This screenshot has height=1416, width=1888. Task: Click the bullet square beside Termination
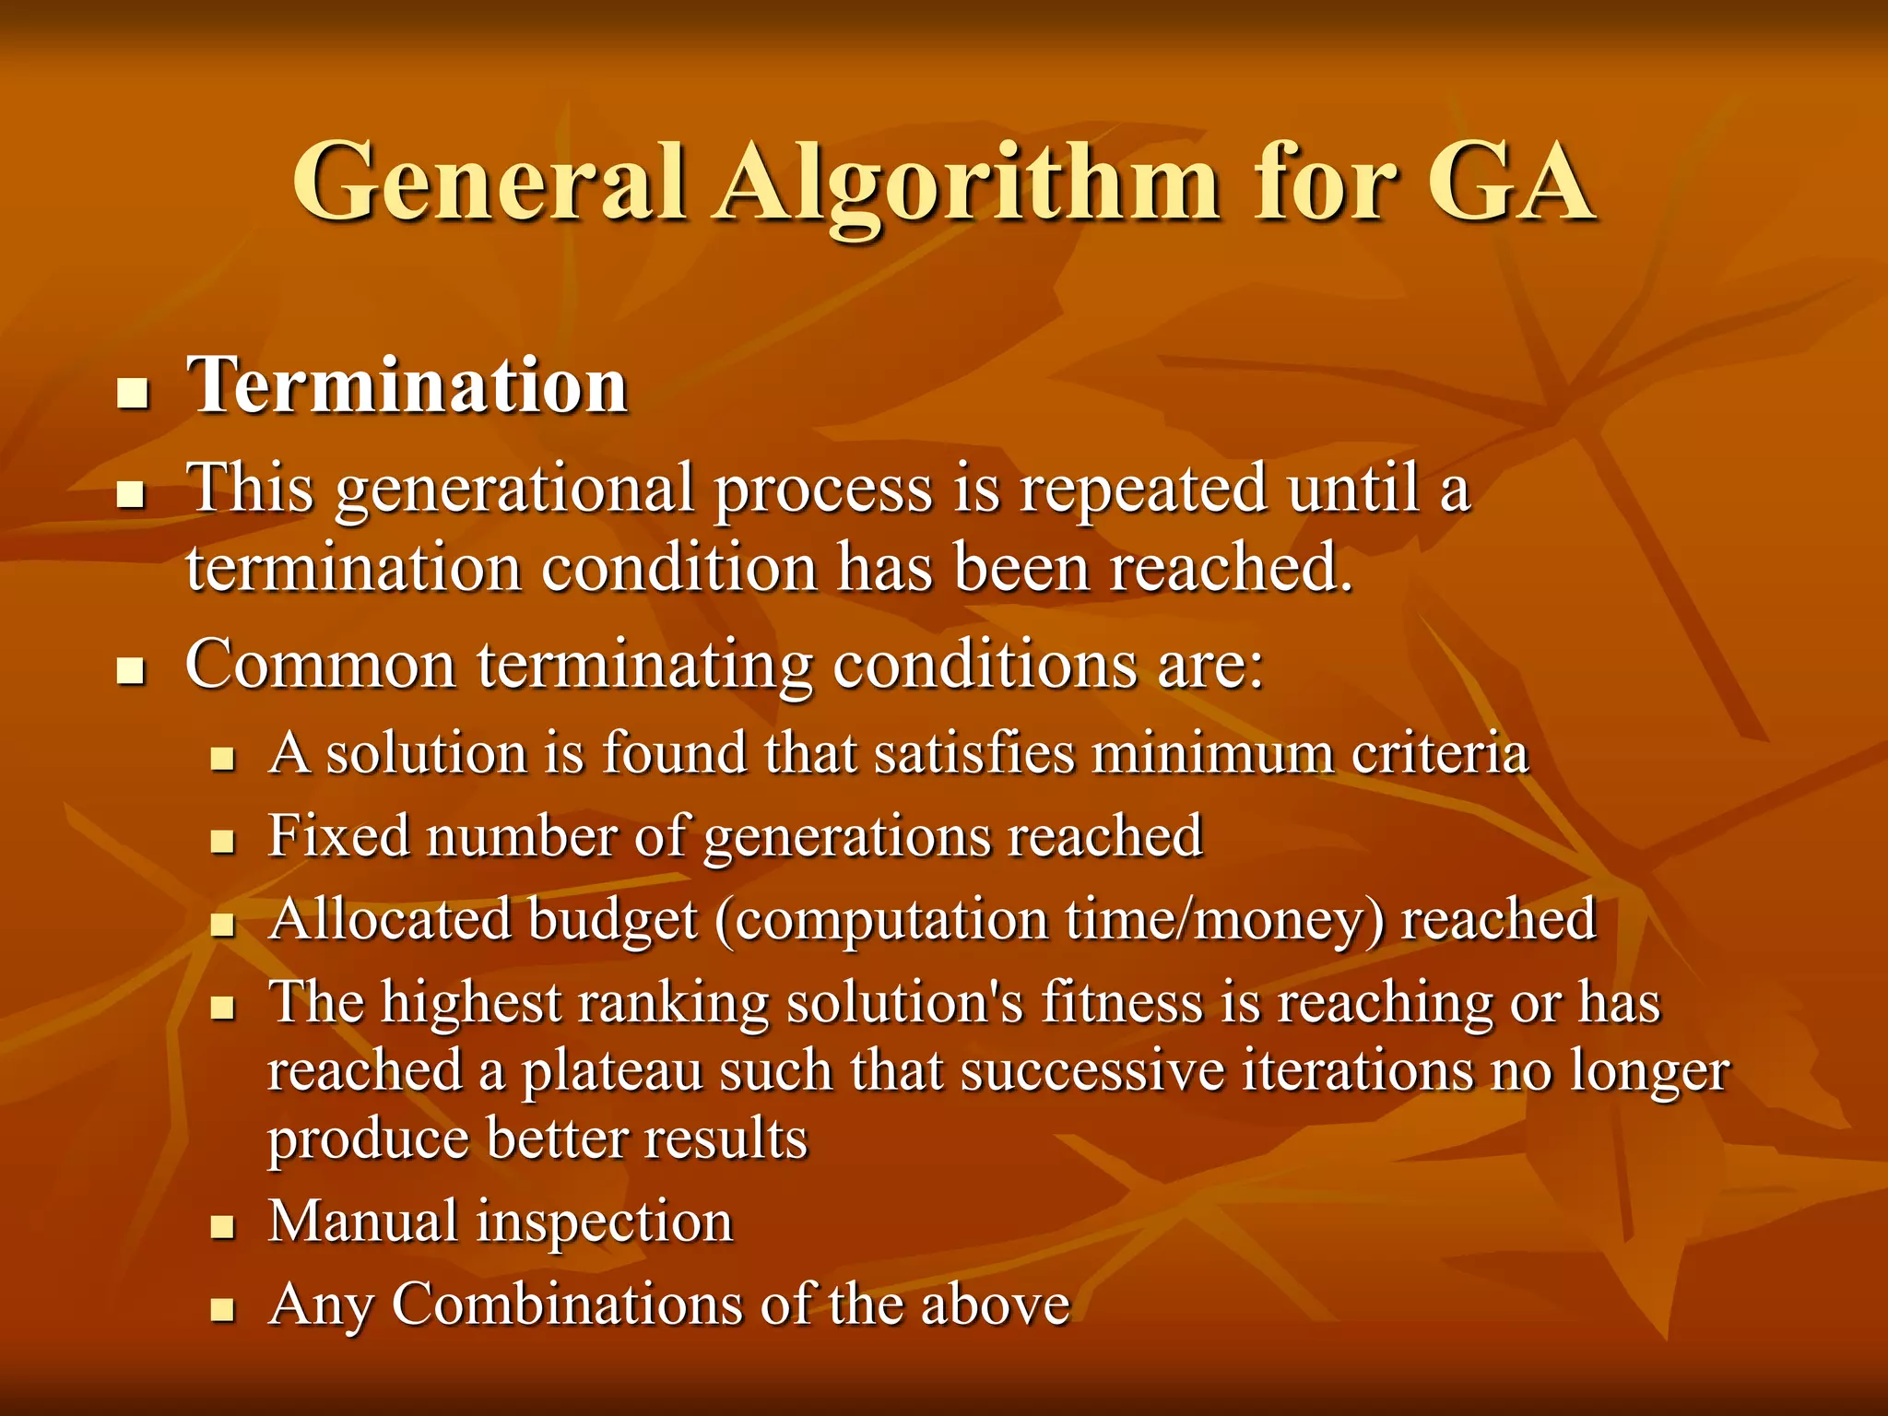click(133, 396)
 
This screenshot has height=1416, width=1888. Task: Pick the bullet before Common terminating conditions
click(133, 672)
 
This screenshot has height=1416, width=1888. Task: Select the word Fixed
click(338, 836)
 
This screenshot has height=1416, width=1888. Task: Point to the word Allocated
click(390, 919)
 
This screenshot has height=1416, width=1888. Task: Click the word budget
click(613, 921)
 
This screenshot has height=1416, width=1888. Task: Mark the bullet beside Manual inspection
click(222, 1228)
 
